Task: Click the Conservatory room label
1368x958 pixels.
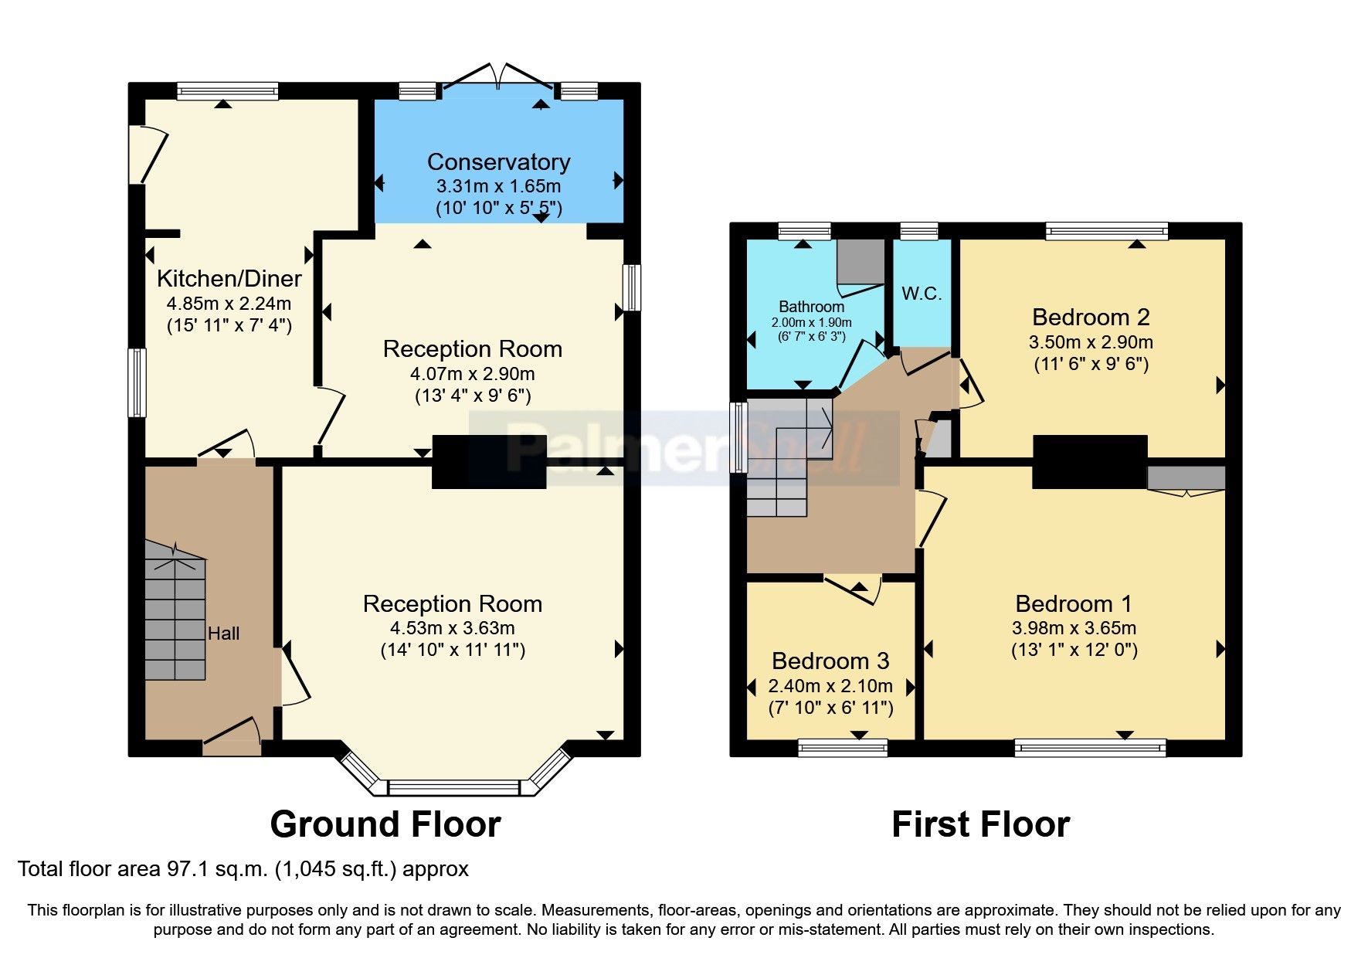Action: tap(498, 162)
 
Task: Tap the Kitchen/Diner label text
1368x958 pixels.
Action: tap(229, 279)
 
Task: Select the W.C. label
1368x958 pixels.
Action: tap(921, 294)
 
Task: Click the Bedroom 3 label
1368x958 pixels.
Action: tap(830, 661)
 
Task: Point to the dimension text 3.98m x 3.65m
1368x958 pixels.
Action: tap(1074, 628)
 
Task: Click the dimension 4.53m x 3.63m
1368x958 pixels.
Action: tap(453, 628)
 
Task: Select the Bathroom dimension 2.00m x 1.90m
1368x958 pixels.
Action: tap(811, 323)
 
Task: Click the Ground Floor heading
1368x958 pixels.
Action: tap(385, 824)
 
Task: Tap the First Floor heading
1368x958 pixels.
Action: tap(980, 824)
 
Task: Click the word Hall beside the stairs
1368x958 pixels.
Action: tap(223, 634)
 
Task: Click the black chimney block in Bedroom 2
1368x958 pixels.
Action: tap(1089, 461)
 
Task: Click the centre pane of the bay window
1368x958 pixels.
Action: tap(453, 788)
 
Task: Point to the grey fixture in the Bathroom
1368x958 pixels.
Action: tap(860, 262)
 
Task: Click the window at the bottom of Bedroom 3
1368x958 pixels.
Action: tap(842, 747)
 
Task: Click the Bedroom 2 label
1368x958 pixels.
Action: tap(1090, 318)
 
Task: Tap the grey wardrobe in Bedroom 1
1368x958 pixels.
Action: tap(1186, 477)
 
